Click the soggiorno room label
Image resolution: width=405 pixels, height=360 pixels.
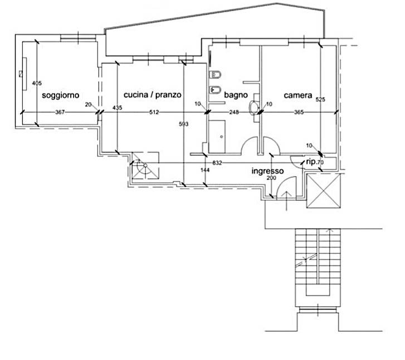tap(60, 96)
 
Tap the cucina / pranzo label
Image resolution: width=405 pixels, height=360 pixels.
tap(153, 95)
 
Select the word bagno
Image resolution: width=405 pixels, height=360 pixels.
tap(236, 95)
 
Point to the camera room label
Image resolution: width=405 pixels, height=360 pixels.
tap(298, 96)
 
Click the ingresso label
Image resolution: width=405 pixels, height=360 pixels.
tap(267, 171)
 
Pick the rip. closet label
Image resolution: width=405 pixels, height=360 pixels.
tap(311, 162)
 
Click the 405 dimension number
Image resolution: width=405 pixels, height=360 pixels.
tap(37, 83)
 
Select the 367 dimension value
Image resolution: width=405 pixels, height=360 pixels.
tap(60, 112)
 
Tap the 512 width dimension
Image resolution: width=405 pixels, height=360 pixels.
tap(154, 112)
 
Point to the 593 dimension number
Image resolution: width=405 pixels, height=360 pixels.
tap(184, 124)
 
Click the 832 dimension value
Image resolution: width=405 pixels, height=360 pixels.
tap(217, 163)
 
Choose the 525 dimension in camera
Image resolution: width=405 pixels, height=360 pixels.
tap(320, 100)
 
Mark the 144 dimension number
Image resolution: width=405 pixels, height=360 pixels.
tap(205, 170)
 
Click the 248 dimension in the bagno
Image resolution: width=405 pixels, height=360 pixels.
tap(234, 112)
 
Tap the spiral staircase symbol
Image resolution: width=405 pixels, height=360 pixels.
tap(145, 165)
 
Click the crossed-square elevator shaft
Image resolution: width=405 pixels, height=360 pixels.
tap(323, 190)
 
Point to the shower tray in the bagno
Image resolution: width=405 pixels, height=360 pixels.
tap(217, 136)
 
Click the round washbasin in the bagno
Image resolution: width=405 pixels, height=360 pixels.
tap(255, 107)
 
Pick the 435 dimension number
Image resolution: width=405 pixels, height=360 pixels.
tap(117, 108)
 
